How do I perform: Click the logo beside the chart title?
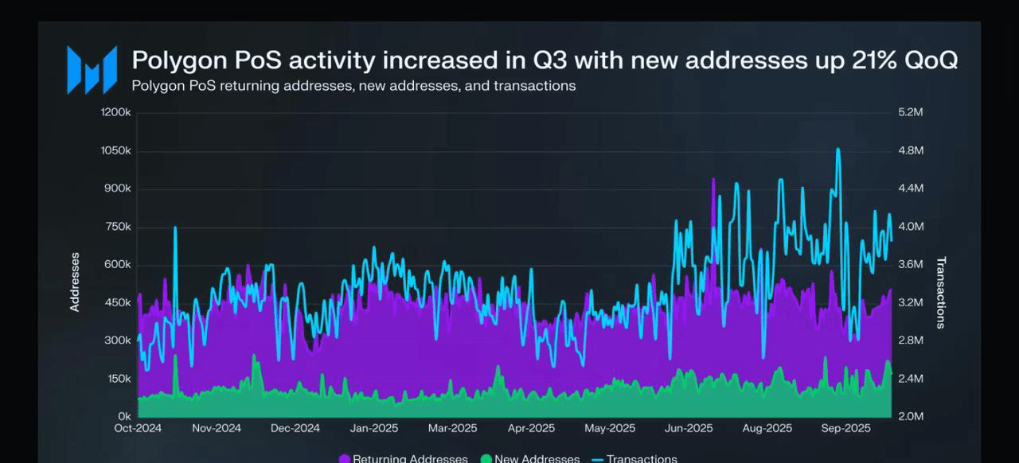click(92, 70)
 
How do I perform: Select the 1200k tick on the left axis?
click(116, 112)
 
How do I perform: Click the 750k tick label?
click(117, 227)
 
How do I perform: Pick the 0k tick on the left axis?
click(124, 416)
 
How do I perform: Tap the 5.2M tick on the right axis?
click(911, 112)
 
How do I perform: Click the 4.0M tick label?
click(911, 227)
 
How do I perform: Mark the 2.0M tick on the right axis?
click(911, 416)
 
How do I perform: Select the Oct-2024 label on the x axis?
click(138, 428)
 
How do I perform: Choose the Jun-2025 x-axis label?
click(689, 428)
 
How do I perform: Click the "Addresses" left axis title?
click(75, 282)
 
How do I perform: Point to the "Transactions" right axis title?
click(940, 292)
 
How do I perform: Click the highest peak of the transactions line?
click(837, 149)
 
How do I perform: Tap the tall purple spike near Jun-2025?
click(713, 191)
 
